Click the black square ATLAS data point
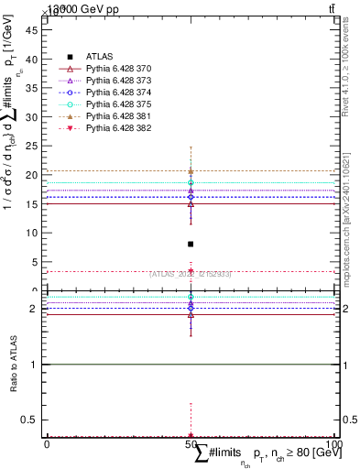coord(191,244)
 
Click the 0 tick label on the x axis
coord(47,444)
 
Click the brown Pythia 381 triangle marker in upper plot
coord(191,170)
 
